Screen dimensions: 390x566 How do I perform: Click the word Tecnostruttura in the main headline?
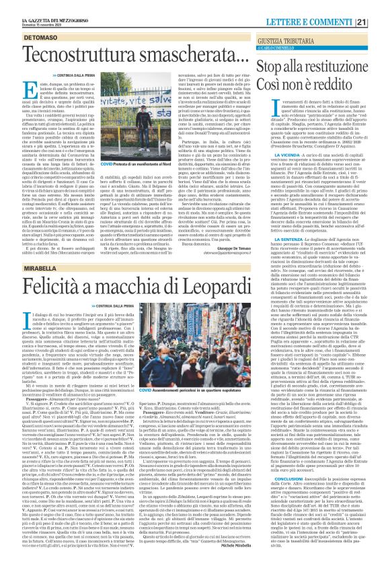click(73, 38)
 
